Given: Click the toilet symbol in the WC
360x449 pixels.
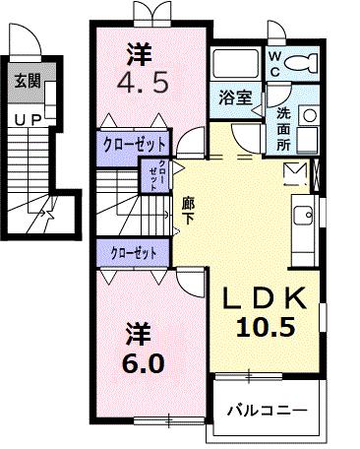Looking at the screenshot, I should tap(302, 65).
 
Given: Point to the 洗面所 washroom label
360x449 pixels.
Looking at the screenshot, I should tap(283, 128).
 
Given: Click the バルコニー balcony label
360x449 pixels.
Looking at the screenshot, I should tap(268, 408).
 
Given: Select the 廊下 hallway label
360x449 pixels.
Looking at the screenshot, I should tap(187, 210).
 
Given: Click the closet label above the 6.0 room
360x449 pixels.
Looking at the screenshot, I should tap(134, 252).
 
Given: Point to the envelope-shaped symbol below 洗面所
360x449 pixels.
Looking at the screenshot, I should tap(294, 175).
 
